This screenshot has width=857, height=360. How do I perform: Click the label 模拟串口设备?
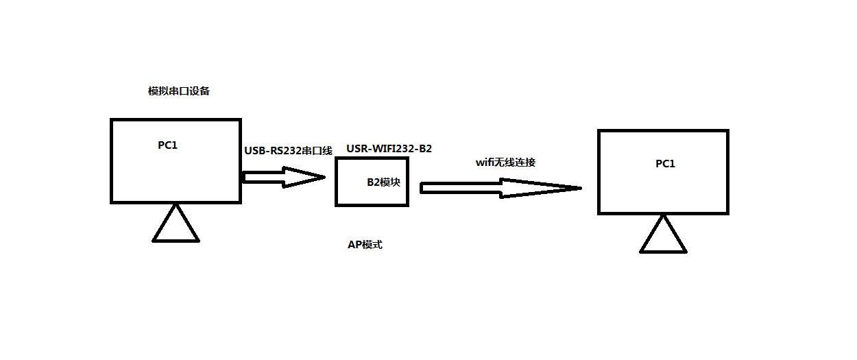point(178,91)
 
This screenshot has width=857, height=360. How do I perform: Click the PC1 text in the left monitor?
point(168,145)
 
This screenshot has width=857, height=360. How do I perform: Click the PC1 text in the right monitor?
point(665,163)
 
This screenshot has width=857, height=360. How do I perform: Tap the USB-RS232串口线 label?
point(288,151)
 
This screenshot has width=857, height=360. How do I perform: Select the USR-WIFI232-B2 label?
point(389,149)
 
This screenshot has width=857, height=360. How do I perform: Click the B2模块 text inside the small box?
point(383,182)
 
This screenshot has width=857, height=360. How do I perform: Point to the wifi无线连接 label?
point(505,163)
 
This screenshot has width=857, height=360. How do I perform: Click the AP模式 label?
point(365,245)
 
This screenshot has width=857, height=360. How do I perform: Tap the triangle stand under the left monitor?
point(176,226)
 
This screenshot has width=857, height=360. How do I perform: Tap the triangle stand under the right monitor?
point(663,237)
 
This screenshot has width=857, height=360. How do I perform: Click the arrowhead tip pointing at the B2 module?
point(323,178)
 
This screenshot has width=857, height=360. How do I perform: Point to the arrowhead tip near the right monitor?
point(580,188)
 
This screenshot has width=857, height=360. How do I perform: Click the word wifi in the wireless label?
point(485,163)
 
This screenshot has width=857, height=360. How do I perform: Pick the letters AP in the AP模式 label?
point(354,245)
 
